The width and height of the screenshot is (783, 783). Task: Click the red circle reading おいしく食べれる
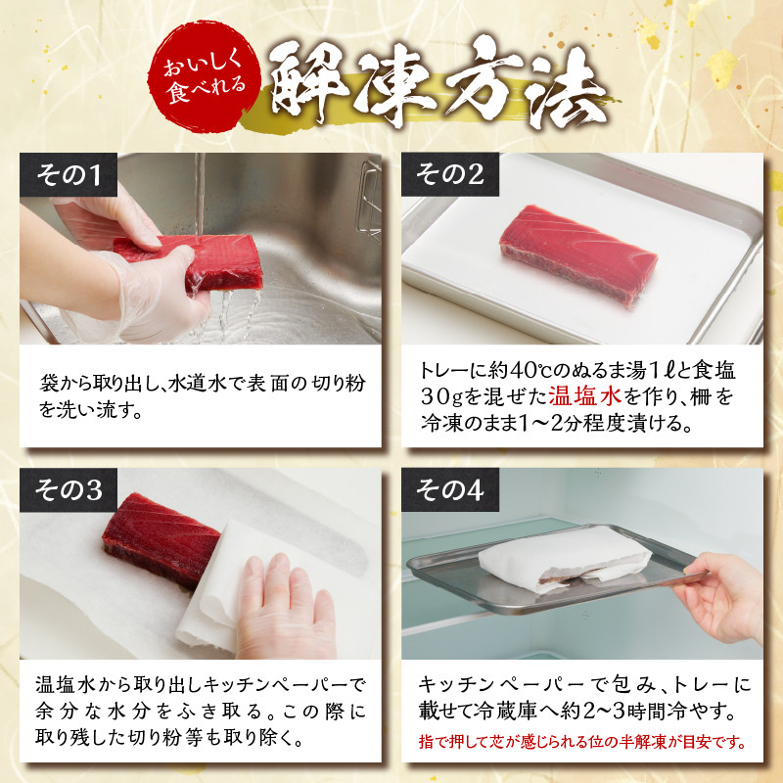[x=204, y=76]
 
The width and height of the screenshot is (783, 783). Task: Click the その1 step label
[x=69, y=175]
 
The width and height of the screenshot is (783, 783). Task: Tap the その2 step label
[x=450, y=175]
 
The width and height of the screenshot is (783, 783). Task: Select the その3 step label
[x=69, y=490]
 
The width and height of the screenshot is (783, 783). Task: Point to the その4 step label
[x=450, y=490]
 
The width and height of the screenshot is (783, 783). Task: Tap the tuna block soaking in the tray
[x=578, y=253]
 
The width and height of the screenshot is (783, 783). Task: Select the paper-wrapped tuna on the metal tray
[x=565, y=558]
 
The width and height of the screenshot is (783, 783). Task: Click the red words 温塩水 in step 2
[x=584, y=396]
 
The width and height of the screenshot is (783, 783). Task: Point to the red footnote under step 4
[x=581, y=742]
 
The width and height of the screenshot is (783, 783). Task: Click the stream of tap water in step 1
[x=200, y=195]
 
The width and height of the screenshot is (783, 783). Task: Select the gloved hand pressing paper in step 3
[x=286, y=607]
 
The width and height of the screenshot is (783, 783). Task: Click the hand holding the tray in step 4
[x=721, y=597]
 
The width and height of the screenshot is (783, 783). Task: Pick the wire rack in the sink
[x=369, y=199]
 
